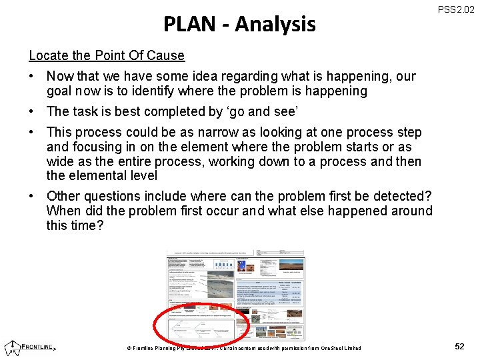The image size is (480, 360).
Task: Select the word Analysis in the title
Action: coord(275,25)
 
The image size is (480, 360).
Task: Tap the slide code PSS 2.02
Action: coord(456,10)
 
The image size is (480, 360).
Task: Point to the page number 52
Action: coord(459,347)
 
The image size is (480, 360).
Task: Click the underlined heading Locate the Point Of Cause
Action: coord(107,55)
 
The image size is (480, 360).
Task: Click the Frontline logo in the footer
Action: coord(31,346)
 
